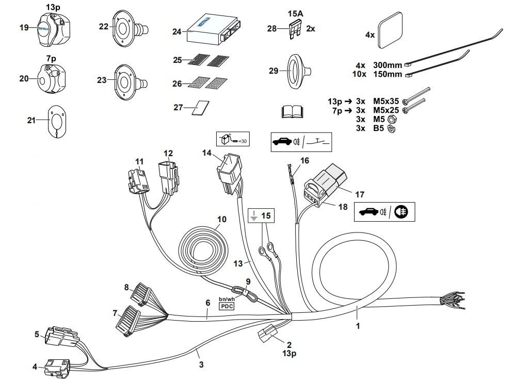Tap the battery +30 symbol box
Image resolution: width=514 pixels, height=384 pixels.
coord(232,139)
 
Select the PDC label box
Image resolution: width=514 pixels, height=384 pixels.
coord(227,306)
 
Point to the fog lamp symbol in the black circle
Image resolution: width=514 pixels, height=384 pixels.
coord(403,212)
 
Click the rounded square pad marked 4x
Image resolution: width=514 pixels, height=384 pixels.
coord(392,34)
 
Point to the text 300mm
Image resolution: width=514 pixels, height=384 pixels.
coord(387,65)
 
